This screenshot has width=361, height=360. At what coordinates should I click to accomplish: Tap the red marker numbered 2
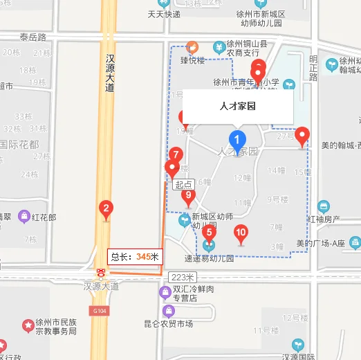106,208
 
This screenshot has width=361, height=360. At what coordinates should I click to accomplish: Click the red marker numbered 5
210,233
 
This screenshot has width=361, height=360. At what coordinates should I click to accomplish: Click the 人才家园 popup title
238,107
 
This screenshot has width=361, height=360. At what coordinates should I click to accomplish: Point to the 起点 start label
183,185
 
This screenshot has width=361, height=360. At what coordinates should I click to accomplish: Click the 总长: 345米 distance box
136,257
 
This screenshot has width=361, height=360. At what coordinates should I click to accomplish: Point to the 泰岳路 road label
33,37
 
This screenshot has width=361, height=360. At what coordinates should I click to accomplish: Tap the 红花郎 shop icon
25,217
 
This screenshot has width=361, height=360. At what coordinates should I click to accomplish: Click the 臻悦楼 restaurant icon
192,46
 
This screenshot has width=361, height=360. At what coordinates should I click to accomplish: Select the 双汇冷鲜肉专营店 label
185,294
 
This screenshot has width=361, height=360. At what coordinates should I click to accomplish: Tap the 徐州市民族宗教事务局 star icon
28,325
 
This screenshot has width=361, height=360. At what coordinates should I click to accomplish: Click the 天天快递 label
164,14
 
